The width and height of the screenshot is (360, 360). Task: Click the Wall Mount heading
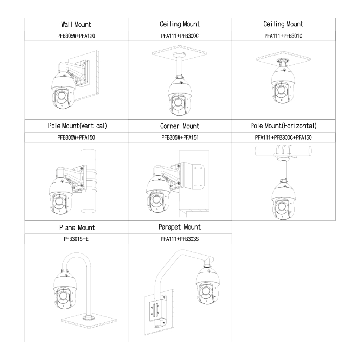[x=76, y=24]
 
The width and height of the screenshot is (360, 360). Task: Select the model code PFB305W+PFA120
[x=76, y=36]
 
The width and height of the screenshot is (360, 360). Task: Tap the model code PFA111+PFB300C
[x=180, y=36]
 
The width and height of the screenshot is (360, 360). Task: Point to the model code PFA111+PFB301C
[x=283, y=36]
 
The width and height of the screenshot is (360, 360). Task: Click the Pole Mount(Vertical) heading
[x=77, y=126]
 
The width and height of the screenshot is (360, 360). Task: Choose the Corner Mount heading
[x=180, y=126]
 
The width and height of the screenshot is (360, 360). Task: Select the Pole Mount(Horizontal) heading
[x=283, y=126]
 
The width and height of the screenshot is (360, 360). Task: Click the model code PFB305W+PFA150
[x=76, y=137]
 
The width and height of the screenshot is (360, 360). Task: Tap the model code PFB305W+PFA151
[x=180, y=137]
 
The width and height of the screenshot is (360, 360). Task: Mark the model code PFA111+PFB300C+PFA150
[x=283, y=137]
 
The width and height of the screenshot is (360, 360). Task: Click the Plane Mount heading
[x=77, y=227]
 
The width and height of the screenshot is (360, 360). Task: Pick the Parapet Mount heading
[x=180, y=227]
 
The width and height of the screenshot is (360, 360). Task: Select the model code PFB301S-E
[x=76, y=239]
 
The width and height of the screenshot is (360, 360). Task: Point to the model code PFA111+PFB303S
[x=180, y=239]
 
